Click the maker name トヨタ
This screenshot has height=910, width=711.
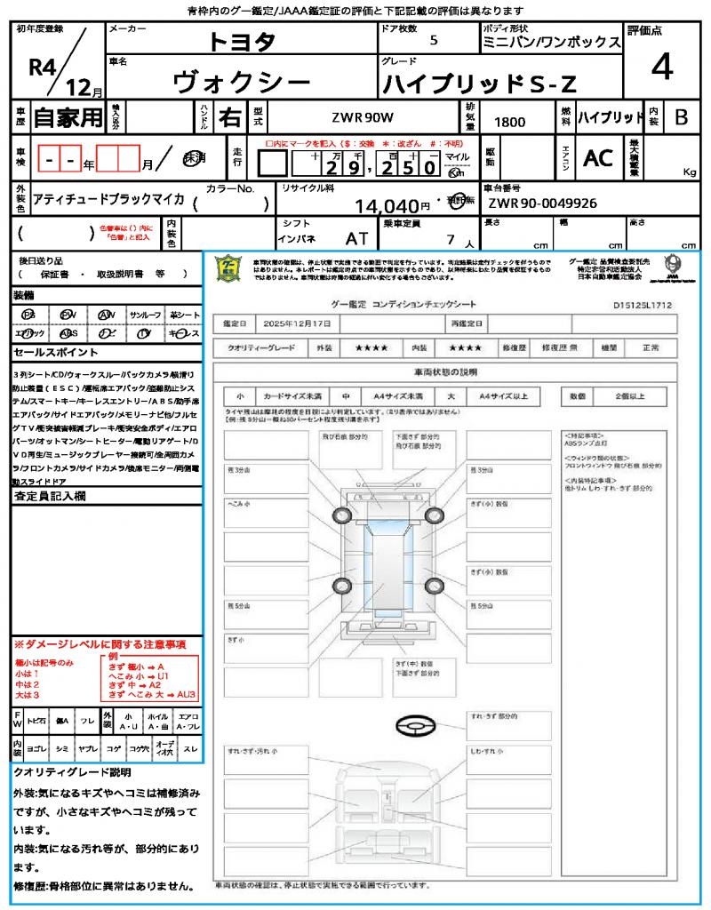click(x=242, y=41)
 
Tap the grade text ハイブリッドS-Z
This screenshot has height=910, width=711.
click(x=479, y=84)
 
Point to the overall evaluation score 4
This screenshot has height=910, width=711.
click(x=660, y=68)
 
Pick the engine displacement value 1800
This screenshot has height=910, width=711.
click(x=509, y=122)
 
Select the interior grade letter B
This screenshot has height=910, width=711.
click(x=681, y=117)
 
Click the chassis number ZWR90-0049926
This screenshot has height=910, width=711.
click(x=542, y=204)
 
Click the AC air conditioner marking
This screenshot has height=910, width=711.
click(x=598, y=158)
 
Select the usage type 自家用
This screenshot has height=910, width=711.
click(x=68, y=117)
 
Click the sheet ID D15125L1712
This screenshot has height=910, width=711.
click(x=642, y=305)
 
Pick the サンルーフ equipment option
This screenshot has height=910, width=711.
click(x=146, y=315)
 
